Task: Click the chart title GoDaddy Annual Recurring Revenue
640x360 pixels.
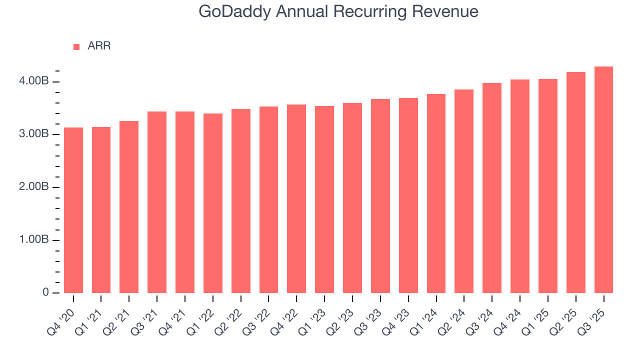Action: (x=338, y=11)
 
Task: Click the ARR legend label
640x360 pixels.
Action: (x=99, y=46)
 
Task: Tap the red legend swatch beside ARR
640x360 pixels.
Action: (x=76, y=46)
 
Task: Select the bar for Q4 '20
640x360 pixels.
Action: (x=73, y=210)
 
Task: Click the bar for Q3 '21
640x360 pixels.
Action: (x=157, y=202)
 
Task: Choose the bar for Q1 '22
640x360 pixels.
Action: (x=213, y=203)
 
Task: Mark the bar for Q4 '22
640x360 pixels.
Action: (x=296, y=198)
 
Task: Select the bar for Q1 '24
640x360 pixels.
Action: (x=436, y=193)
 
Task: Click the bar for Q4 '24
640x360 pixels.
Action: (x=520, y=186)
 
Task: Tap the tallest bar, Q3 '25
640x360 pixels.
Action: (x=603, y=179)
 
